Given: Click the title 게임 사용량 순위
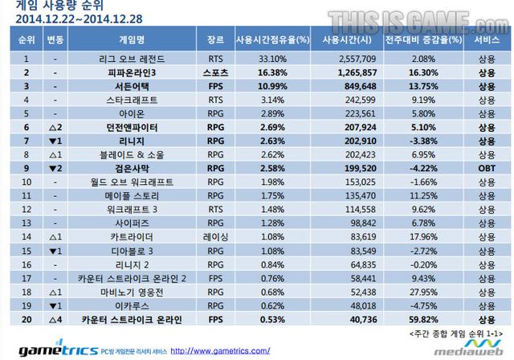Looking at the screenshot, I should click(x=51, y=6).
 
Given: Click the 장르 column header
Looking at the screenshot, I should click(x=215, y=39).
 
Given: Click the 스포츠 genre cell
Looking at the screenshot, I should click(x=215, y=72).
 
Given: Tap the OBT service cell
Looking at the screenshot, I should click(x=485, y=169).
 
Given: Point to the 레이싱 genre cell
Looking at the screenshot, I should click(x=215, y=238).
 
